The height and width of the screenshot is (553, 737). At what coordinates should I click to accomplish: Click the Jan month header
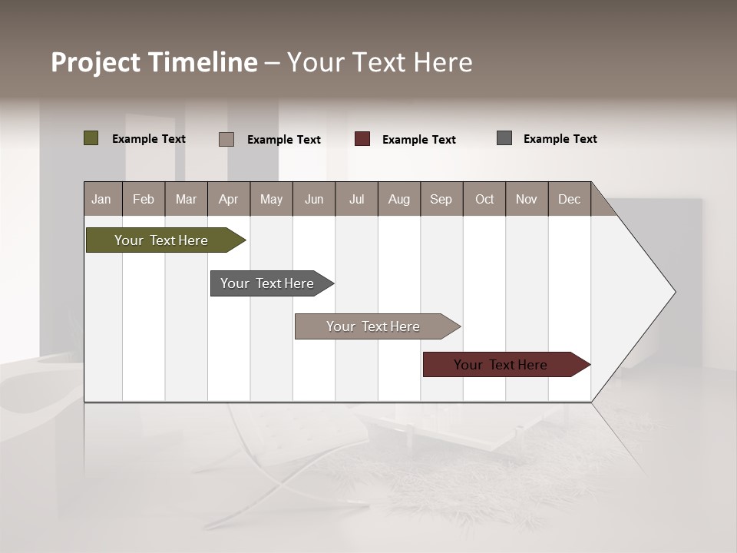[102, 199]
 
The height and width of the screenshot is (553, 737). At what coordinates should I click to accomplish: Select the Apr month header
[229, 199]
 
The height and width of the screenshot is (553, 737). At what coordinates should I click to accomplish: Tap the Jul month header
[356, 199]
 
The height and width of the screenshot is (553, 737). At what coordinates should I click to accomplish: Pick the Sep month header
[441, 199]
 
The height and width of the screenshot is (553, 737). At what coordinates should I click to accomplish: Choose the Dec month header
[569, 199]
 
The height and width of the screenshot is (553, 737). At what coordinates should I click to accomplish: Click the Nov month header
[527, 199]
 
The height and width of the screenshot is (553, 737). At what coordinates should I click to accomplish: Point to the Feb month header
[144, 199]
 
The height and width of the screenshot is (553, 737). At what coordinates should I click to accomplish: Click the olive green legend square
[91, 138]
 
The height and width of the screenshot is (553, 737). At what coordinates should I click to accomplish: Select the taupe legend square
[226, 139]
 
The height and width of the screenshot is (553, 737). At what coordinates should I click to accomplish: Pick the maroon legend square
[362, 139]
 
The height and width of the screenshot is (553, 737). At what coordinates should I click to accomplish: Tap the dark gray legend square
[504, 138]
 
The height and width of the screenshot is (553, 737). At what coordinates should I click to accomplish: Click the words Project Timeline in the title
[154, 62]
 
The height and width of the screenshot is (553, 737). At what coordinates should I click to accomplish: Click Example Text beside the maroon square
[418, 140]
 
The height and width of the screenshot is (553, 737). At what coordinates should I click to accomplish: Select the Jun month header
[314, 199]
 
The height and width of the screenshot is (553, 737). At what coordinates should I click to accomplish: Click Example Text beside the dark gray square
[560, 139]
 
